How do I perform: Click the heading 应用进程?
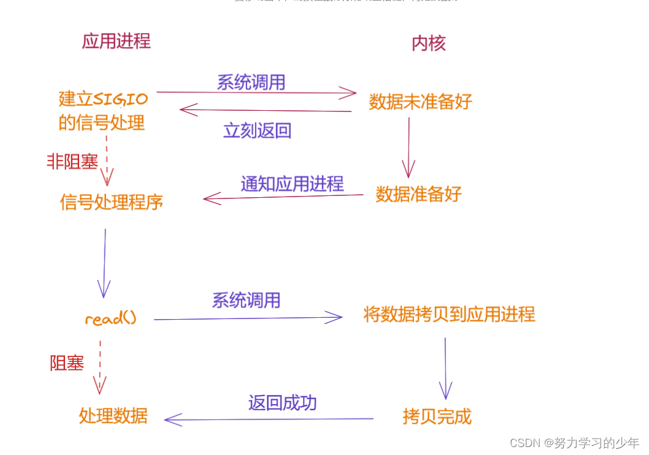[x=116, y=41]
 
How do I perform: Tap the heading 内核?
[x=428, y=43]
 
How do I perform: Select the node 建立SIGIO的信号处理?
[x=102, y=110]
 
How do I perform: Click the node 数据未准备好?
[x=420, y=102]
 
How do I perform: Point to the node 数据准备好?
[x=418, y=194]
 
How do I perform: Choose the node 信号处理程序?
[x=112, y=202]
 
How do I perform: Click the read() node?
[x=110, y=318]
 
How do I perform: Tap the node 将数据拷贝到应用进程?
[x=449, y=315]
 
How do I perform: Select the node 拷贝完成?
[x=437, y=416]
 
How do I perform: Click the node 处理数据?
[x=113, y=415]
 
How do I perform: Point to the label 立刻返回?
[x=257, y=130]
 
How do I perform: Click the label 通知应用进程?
[x=292, y=183]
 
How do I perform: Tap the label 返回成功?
[x=282, y=402]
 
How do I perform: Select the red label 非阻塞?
[x=72, y=162]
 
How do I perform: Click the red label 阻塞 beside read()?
[x=67, y=363]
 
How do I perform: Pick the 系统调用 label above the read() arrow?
[x=246, y=300]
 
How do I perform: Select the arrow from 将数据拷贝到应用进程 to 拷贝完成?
[x=445, y=367]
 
